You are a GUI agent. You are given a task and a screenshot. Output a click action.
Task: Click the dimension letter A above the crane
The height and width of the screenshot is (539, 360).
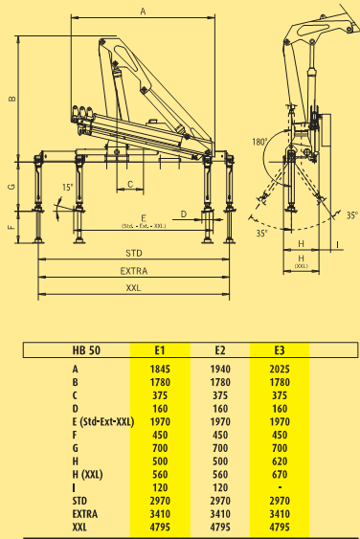point(143,11)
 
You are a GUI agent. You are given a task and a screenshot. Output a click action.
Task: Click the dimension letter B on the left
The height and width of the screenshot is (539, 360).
point(12,99)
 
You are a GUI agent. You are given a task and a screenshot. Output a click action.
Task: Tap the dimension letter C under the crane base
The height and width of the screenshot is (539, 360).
point(130,184)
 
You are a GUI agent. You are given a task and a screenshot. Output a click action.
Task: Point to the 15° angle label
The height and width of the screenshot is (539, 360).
point(68,188)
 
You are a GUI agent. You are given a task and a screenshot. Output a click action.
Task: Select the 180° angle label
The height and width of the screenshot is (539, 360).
point(259,142)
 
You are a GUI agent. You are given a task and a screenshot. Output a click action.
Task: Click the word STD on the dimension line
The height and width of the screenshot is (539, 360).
point(134,254)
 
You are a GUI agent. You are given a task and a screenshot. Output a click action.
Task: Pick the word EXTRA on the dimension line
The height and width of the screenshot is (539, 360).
point(134,271)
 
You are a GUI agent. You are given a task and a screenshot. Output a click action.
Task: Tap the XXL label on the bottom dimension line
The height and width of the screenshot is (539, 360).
point(133,288)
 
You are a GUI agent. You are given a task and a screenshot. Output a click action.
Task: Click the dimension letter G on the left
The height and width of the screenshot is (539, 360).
point(12,187)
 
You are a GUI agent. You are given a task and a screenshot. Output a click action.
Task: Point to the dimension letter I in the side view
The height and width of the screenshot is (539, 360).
point(338,244)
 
